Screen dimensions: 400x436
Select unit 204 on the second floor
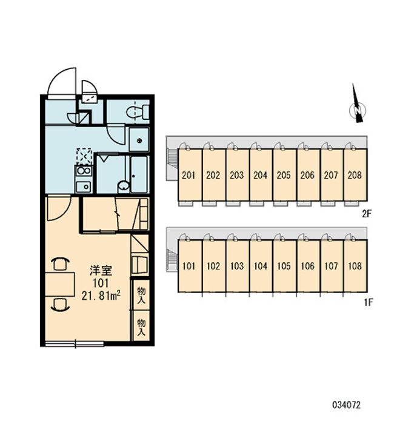click(x=260, y=175)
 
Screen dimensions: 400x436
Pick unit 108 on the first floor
click(x=355, y=266)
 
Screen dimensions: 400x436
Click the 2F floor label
click(x=367, y=214)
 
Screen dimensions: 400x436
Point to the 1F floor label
click(x=368, y=302)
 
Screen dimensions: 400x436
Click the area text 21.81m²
click(x=101, y=296)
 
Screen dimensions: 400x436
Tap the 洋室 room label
click(x=101, y=270)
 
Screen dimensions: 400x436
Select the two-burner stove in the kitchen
click(x=84, y=170)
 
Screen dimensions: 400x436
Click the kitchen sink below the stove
click(x=84, y=187)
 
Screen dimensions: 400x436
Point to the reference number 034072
click(x=346, y=405)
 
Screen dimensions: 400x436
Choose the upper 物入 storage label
click(x=141, y=295)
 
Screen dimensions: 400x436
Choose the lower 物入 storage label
click(x=141, y=327)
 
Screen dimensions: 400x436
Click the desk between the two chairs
click(x=60, y=284)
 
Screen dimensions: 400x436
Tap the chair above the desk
click(x=61, y=264)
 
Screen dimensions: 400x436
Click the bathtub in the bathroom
click(x=140, y=174)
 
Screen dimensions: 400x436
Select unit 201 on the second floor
click(x=189, y=175)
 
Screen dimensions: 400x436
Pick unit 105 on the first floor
click(x=284, y=266)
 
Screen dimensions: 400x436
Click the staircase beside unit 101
click(x=172, y=259)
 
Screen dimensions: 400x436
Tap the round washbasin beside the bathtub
click(x=124, y=186)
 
